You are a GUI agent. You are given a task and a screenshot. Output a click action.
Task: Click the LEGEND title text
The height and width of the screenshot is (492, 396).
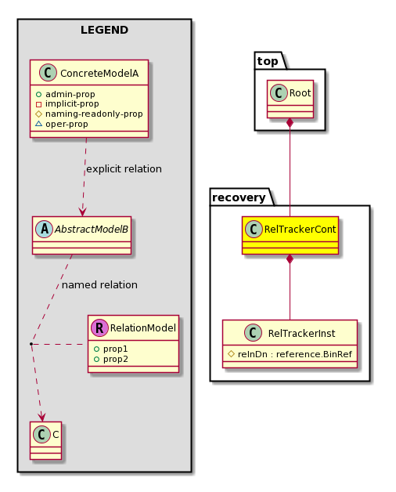104,30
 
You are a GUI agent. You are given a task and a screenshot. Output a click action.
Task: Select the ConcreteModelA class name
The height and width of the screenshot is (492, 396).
99,74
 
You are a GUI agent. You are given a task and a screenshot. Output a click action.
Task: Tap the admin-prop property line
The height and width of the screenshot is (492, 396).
65,94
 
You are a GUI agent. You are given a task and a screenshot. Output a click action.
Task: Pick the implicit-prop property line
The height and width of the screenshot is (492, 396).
67,104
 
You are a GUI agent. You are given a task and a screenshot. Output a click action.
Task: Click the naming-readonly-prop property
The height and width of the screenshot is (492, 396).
89,114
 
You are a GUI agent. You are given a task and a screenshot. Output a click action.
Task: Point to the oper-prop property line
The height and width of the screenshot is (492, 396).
62,124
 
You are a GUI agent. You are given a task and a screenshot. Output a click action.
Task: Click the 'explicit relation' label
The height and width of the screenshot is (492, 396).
124,169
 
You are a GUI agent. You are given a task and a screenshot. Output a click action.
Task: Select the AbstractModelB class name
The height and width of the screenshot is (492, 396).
92,230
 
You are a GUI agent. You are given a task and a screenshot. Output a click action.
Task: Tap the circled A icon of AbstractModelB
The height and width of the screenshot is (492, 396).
44,230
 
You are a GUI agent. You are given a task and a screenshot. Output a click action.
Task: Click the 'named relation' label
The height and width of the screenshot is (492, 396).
99,285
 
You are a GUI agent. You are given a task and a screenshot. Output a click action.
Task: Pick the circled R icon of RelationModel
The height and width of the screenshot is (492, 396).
99,328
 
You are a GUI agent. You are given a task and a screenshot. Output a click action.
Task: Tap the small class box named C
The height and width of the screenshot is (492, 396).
45,440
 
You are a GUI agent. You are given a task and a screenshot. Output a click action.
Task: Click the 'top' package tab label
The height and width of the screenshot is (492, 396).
268,61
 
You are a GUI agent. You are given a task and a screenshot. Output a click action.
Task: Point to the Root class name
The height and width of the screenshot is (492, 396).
300,93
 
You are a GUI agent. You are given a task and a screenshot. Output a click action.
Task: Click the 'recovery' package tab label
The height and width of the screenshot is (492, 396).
239,197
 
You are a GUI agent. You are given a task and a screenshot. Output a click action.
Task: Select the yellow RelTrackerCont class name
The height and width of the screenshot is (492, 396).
300,230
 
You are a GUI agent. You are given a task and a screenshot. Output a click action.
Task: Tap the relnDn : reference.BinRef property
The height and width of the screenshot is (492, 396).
290,354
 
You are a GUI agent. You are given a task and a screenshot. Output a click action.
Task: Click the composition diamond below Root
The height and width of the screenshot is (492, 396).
290,123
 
